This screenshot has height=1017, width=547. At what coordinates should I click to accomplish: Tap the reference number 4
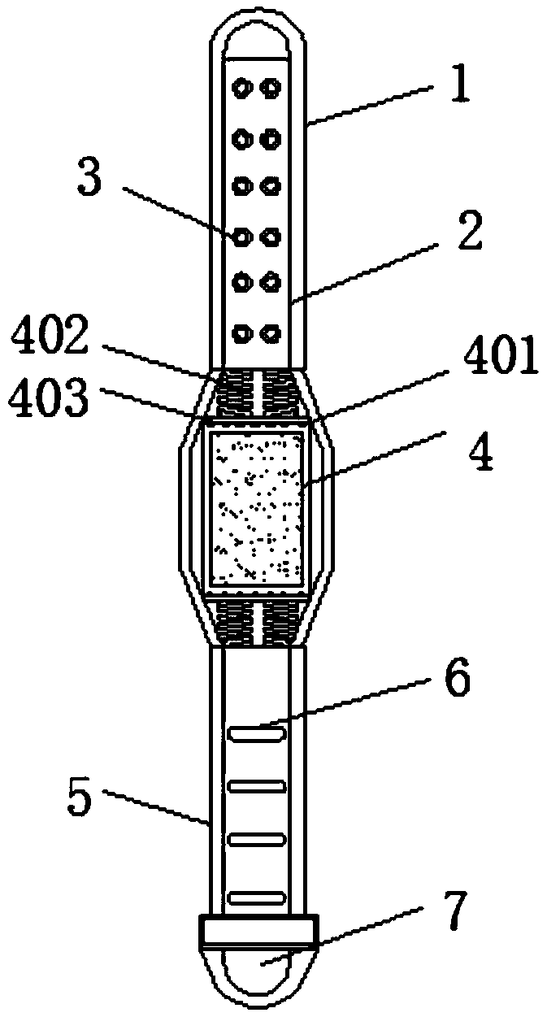click(481, 454)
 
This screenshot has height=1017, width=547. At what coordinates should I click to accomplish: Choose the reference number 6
click(457, 680)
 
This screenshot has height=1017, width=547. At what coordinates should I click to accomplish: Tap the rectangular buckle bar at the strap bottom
click(258, 932)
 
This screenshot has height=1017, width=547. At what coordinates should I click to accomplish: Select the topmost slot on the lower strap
click(258, 734)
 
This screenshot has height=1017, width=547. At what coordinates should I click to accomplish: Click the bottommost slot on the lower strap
click(258, 897)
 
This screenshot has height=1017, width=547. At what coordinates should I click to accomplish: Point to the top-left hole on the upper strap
click(241, 85)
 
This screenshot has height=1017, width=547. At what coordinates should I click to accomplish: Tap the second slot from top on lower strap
click(258, 786)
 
